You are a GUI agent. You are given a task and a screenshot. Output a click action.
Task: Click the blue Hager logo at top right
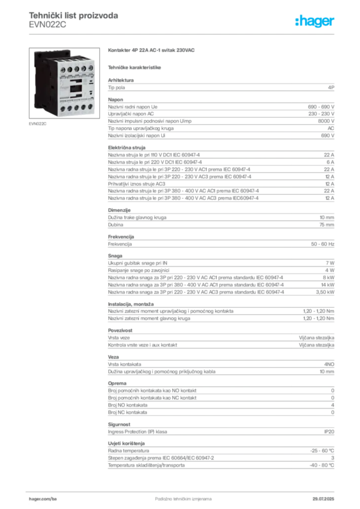point(315,21)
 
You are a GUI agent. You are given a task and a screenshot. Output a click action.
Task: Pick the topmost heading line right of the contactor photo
point(154,51)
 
